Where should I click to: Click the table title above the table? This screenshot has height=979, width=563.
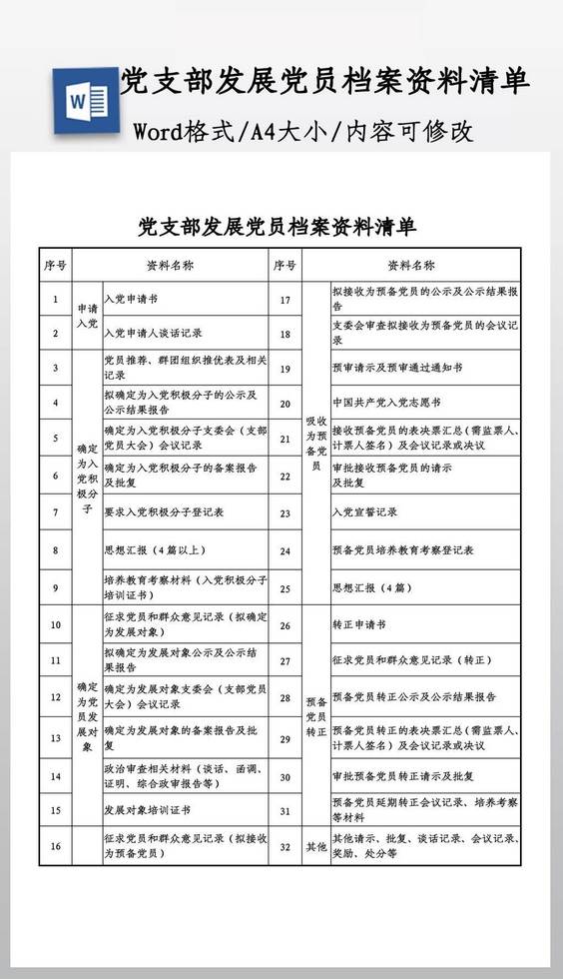tap(277, 225)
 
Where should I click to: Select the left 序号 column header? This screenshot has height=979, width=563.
tap(56, 266)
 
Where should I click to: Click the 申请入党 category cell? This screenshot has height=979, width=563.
tap(88, 316)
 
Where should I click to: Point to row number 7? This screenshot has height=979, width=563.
tap(56, 511)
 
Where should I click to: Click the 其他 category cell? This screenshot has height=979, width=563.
tap(315, 847)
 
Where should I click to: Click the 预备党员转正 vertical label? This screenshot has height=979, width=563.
tap(315, 717)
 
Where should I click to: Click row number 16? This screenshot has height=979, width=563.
tap(56, 847)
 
